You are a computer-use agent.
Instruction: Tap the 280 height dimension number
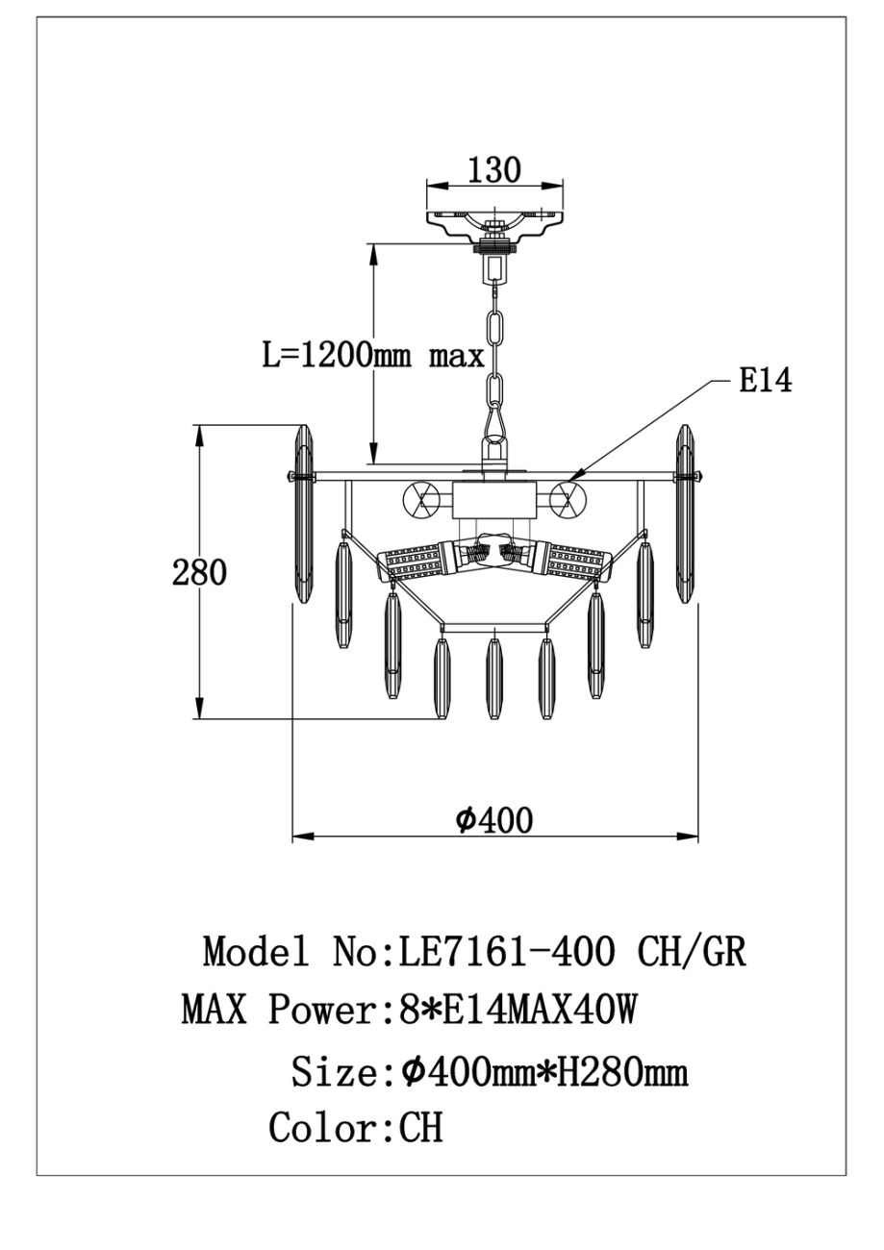[x=199, y=572]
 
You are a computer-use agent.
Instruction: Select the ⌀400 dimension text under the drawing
[x=493, y=821]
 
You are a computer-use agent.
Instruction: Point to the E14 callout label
[x=765, y=381]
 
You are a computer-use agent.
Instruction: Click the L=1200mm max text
[x=373, y=355]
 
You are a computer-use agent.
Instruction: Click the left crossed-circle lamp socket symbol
[x=420, y=498]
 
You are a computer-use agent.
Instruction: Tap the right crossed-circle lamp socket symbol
[x=568, y=498]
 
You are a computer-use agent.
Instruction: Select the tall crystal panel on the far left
[x=304, y=514]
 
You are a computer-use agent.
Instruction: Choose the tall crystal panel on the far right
[x=685, y=514]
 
